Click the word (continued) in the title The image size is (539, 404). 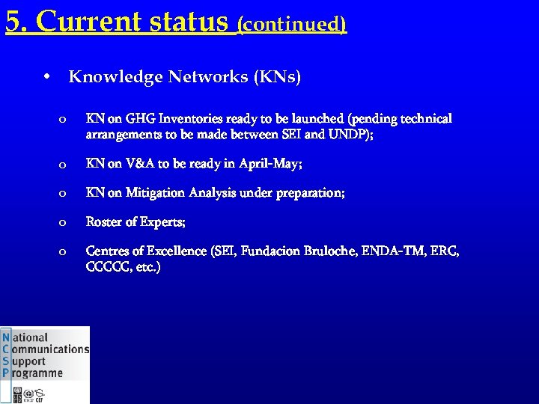pos(292,24)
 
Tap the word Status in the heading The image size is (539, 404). pos(189,22)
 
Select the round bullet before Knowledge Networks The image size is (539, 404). pos(46,77)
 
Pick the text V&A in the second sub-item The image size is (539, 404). pos(139,163)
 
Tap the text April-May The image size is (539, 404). pos(270,163)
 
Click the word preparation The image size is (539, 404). pos(308,193)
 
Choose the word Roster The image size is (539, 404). pos(106,221)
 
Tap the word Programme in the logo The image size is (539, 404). pos(37,373)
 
